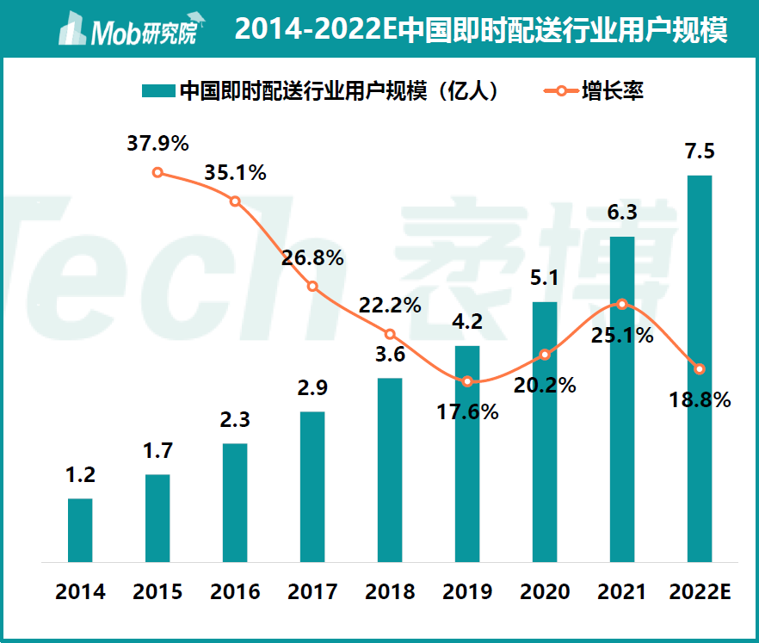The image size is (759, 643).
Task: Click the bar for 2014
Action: tap(80, 530)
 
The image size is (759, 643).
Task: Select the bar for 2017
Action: tap(312, 486)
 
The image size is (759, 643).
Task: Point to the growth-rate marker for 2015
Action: tap(157, 172)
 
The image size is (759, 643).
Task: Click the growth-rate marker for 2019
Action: tap(467, 381)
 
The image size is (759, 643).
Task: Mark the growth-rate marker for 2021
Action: tap(622, 304)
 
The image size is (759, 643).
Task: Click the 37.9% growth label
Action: tap(157, 143)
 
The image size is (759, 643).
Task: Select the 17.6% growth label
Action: tap(467, 411)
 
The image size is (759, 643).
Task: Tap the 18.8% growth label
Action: tap(700, 399)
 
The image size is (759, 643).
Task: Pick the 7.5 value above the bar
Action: tap(700, 151)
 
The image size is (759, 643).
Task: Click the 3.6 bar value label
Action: tap(390, 355)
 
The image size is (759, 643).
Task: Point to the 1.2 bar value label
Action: tap(80, 474)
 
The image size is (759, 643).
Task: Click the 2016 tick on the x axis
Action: tap(235, 592)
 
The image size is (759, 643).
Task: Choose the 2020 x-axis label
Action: tap(545, 592)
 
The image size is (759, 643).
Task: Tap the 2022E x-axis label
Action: tap(700, 592)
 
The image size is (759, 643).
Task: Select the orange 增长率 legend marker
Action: tap(560, 90)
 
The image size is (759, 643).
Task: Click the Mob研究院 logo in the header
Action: tap(128, 31)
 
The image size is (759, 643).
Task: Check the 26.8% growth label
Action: tap(312, 257)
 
